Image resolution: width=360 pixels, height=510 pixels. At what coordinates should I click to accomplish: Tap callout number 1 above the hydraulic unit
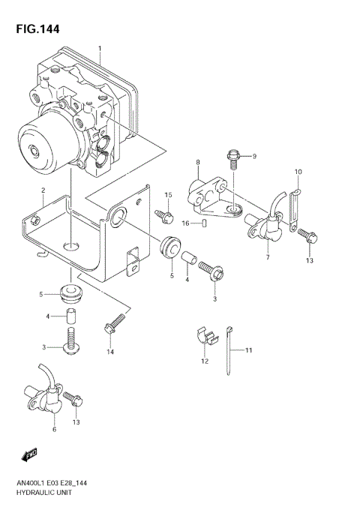tap(99, 49)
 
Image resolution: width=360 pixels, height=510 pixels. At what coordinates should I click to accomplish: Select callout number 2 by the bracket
tap(43, 190)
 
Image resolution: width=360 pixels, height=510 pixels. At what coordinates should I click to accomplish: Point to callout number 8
tap(198, 162)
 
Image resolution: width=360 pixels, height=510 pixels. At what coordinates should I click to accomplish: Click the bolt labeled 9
tap(232, 159)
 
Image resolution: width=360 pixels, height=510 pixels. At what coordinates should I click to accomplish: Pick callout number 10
tap(298, 172)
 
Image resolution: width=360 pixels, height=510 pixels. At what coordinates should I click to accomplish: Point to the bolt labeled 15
tap(163, 216)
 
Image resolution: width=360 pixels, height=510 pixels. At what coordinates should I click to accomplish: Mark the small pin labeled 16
tap(205, 223)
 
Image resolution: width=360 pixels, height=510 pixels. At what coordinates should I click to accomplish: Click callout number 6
tap(54, 430)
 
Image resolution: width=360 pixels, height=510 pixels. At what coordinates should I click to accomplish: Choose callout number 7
tap(267, 257)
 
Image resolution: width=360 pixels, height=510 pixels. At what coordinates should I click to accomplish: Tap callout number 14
tap(109, 352)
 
